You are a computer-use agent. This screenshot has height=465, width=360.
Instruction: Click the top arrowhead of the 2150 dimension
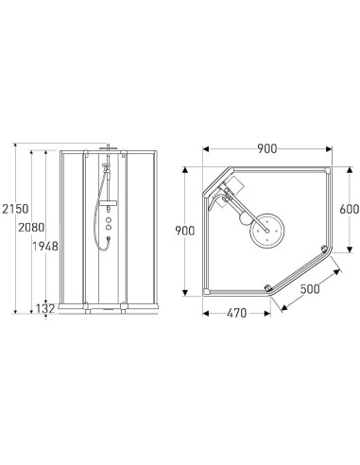13,144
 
